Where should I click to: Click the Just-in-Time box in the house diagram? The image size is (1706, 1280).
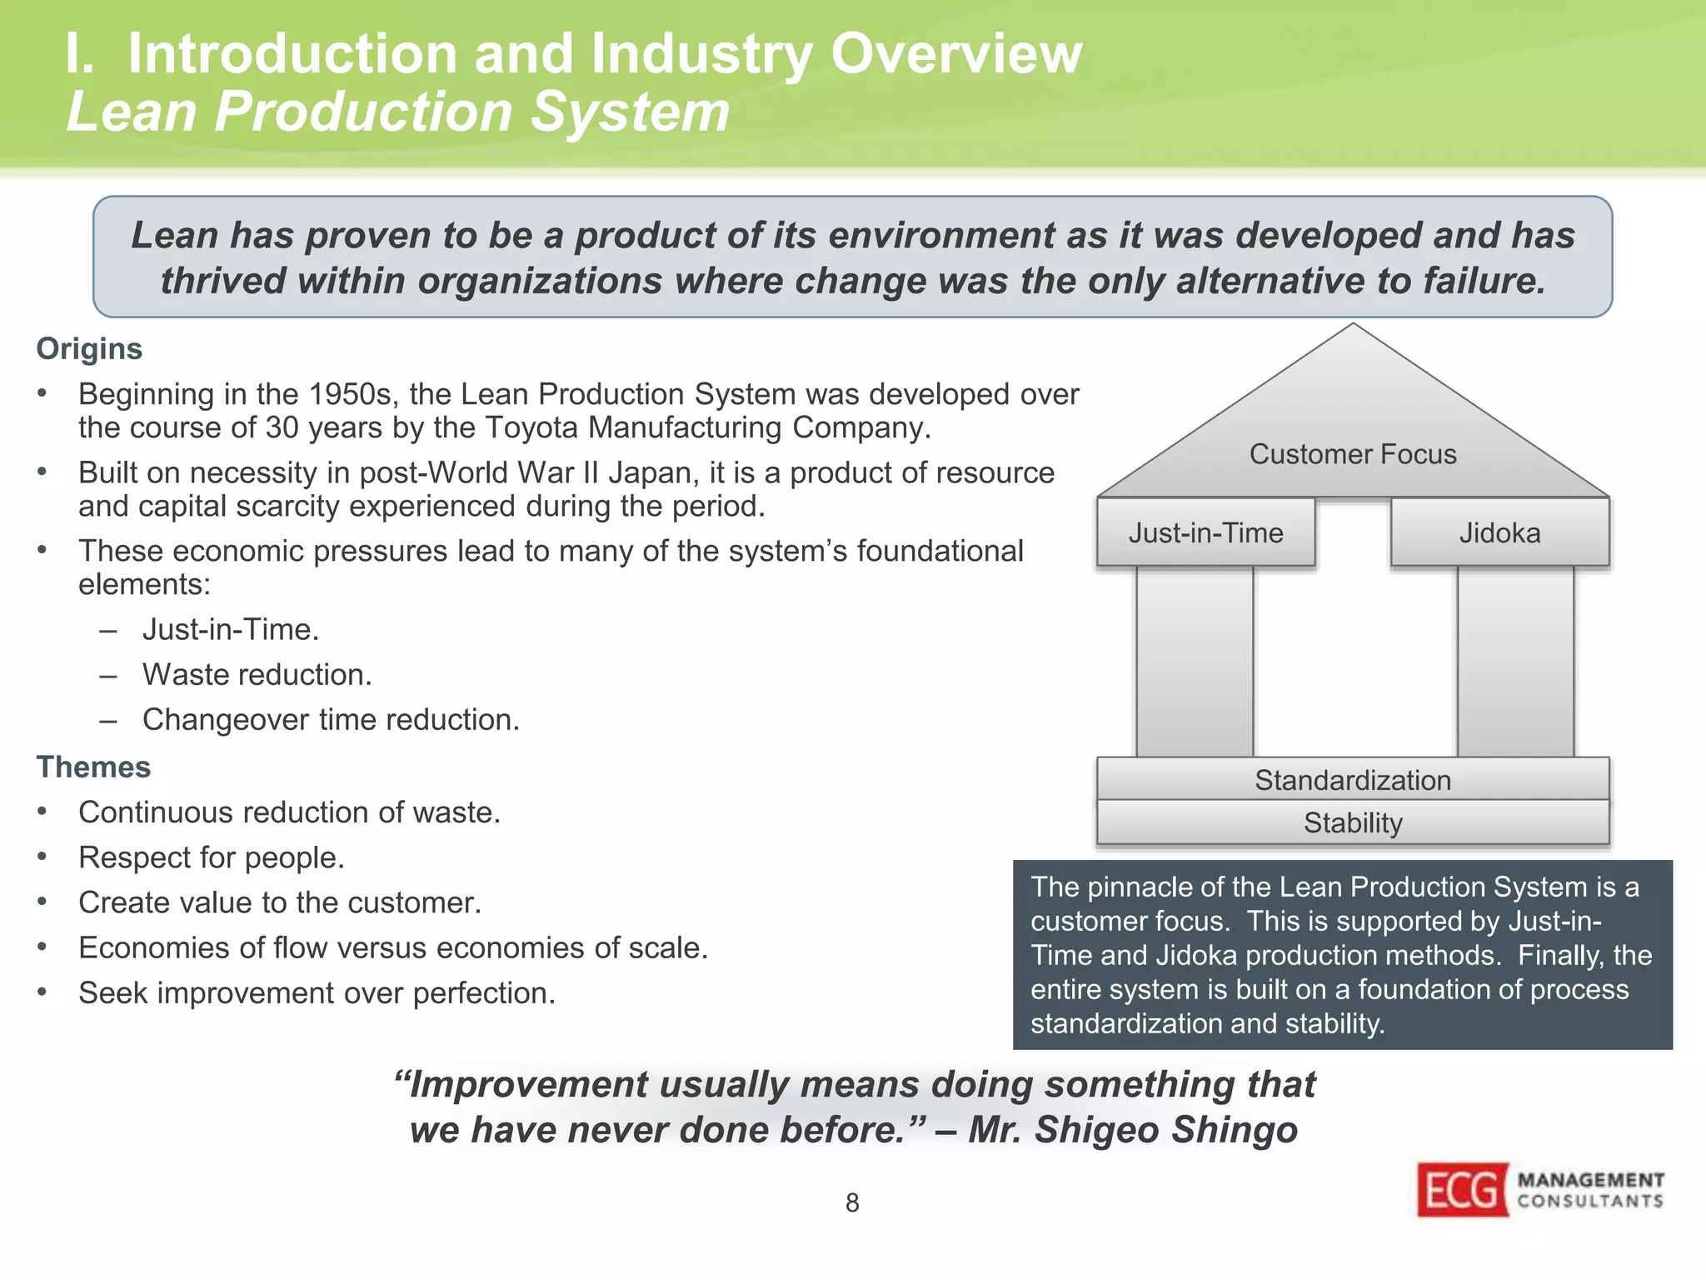point(1205,532)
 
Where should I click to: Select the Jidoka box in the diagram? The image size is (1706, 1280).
point(1499,532)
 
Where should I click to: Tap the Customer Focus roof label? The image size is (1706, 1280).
point(1353,454)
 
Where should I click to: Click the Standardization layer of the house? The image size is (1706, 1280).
point(1353,780)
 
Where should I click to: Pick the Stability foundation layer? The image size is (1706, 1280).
point(1353,822)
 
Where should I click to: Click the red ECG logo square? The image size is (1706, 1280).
point(1463,1189)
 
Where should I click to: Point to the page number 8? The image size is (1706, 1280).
point(852,1202)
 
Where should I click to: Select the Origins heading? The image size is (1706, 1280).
point(89,348)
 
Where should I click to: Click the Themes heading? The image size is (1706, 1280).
point(93,767)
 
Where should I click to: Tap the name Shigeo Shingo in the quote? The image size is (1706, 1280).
point(1166,1130)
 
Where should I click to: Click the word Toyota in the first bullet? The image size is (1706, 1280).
point(533,427)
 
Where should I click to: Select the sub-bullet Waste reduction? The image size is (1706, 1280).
point(257,674)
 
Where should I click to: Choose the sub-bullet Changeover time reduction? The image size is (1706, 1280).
point(331,719)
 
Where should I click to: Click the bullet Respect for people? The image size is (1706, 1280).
point(212,857)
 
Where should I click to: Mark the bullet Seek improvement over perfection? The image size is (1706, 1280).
point(317,992)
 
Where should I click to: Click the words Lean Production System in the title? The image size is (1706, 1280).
point(398,112)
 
